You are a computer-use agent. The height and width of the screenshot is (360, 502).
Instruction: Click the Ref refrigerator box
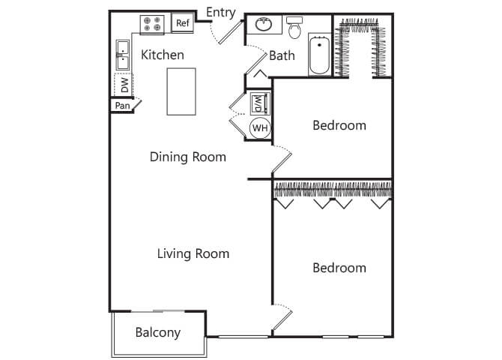point(183,22)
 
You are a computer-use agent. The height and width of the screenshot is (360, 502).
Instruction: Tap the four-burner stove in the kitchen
point(152,24)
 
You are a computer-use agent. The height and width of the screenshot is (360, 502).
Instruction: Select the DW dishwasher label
point(124,85)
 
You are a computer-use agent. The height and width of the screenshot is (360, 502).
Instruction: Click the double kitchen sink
point(123,55)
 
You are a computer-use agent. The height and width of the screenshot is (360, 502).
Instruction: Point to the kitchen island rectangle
point(181,91)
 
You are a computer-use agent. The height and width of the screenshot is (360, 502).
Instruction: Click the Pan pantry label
point(122,106)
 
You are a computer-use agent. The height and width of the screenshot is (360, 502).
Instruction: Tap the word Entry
point(221,13)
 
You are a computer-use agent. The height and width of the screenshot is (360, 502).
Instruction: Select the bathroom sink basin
point(264,24)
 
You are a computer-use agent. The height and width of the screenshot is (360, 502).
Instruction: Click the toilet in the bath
point(294,28)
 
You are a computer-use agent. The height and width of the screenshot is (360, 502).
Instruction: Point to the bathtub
point(319,55)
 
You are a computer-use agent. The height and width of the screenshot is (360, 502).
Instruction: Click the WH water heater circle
point(260,128)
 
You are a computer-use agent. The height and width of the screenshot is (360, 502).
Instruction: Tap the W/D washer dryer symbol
point(259,103)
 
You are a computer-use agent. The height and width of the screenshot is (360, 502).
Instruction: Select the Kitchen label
point(163,55)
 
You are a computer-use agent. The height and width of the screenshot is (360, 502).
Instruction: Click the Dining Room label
point(188,157)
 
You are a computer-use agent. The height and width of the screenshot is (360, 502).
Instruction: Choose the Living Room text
point(193,253)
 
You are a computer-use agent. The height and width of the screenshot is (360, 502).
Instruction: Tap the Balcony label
point(158,332)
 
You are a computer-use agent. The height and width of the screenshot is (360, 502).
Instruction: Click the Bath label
point(282,55)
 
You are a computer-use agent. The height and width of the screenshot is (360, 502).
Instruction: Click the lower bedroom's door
point(282,318)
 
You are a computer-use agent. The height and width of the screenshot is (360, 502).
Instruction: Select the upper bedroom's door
point(282,160)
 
